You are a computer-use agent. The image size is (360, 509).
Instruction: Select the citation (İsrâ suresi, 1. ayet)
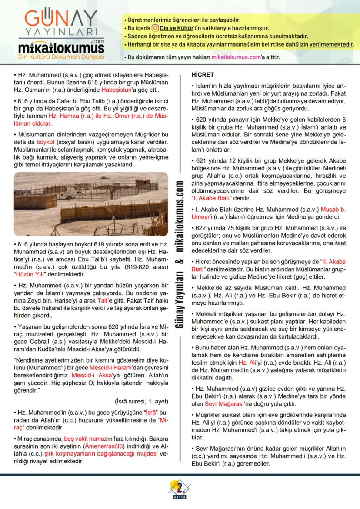pyautogui.click(x=141, y=401)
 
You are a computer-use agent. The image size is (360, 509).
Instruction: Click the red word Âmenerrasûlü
pyautogui.click(x=104, y=446)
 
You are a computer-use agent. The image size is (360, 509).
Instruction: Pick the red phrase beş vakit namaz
pyautogui.click(x=82, y=439)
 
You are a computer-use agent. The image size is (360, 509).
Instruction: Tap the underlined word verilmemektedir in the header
pyautogui.click(x=329, y=44)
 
